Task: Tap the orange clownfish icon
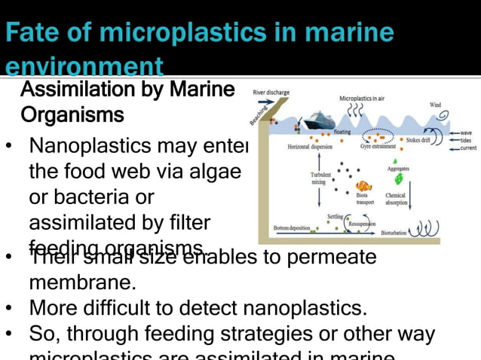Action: [364, 185]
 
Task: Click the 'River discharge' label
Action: [271, 93]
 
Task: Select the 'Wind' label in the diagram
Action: [436, 105]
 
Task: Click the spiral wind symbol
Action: [443, 117]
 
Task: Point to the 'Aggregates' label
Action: [398, 169]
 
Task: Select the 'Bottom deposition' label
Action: [291, 227]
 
